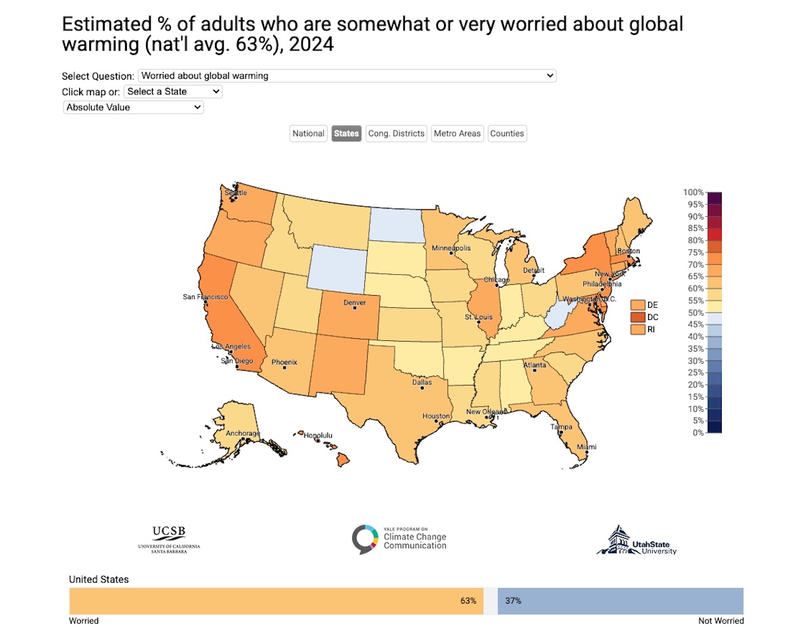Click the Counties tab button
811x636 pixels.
click(x=507, y=134)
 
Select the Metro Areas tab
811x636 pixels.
click(x=458, y=134)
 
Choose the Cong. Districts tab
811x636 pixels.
click(x=396, y=134)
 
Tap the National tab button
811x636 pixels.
click(x=308, y=134)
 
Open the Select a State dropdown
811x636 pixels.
click(x=173, y=91)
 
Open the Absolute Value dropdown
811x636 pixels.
click(x=133, y=107)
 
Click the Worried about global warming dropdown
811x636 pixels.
click(x=347, y=76)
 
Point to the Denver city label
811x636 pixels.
click(x=355, y=303)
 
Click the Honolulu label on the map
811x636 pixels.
click(x=317, y=435)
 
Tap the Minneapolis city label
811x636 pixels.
click(x=451, y=248)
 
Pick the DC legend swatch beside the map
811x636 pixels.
click(x=637, y=317)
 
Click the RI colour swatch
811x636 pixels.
click(x=637, y=329)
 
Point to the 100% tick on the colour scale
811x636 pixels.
click(x=694, y=192)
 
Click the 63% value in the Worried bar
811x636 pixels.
click(x=469, y=600)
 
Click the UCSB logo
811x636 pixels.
click(x=168, y=539)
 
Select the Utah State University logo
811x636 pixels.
click(x=637, y=540)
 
